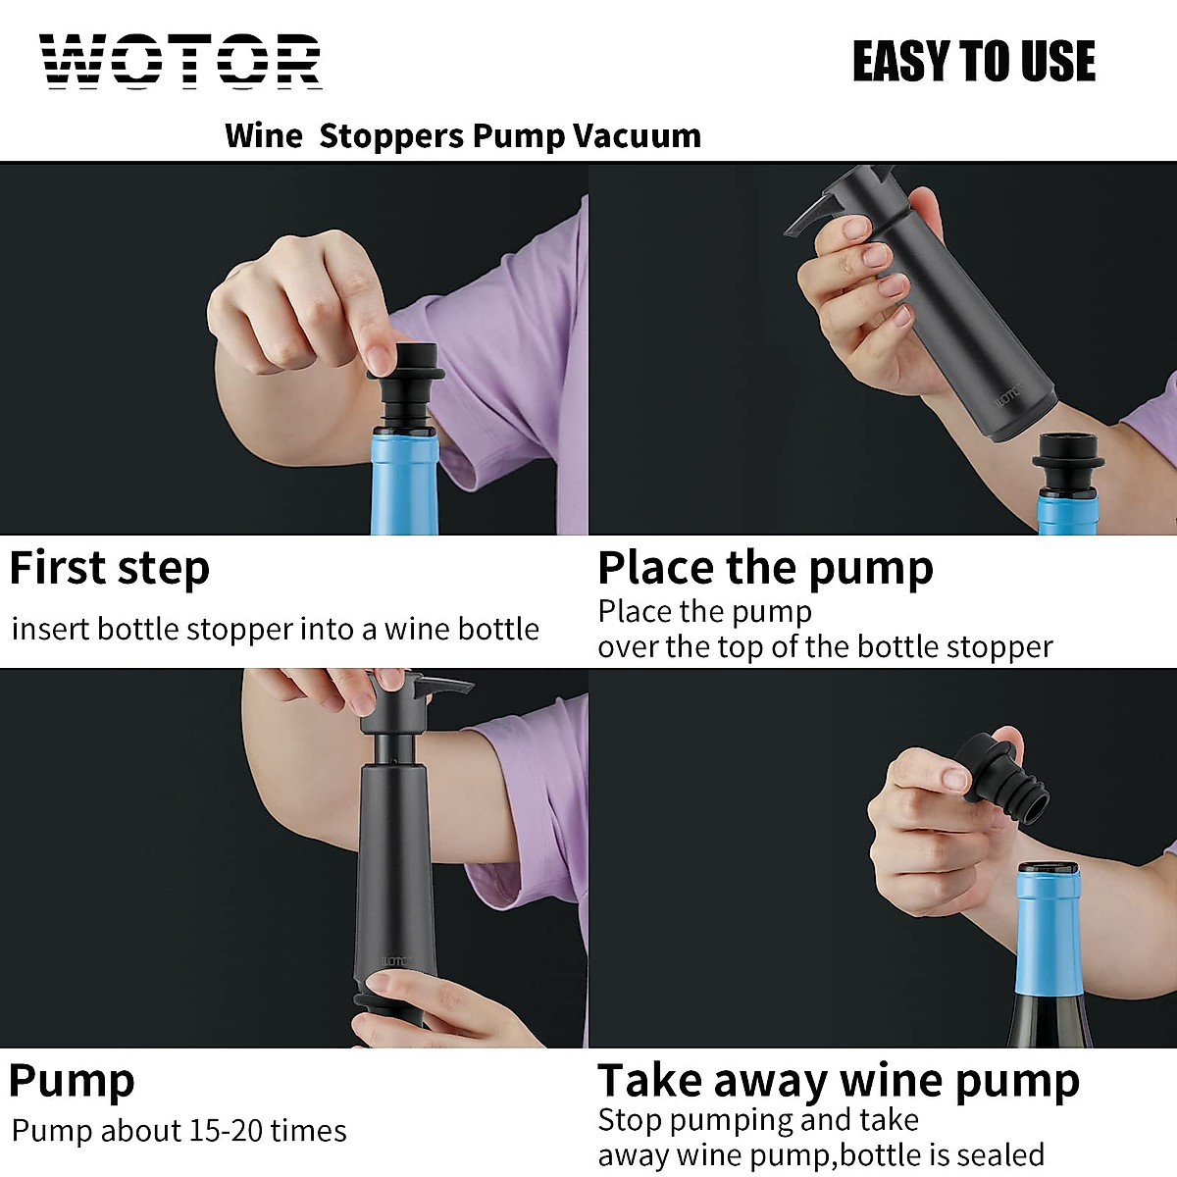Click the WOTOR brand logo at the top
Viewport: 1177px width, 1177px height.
(x=181, y=62)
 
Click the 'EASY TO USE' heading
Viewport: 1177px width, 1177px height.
(x=973, y=62)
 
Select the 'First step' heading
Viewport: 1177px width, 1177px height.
(x=110, y=568)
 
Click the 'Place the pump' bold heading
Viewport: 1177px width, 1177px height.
(x=765, y=568)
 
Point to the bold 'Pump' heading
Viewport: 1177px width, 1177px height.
(x=72, y=1080)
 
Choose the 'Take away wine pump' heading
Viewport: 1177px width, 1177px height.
(x=839, y=1080)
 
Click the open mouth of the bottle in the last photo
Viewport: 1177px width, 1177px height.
(x=1048, y=870)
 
